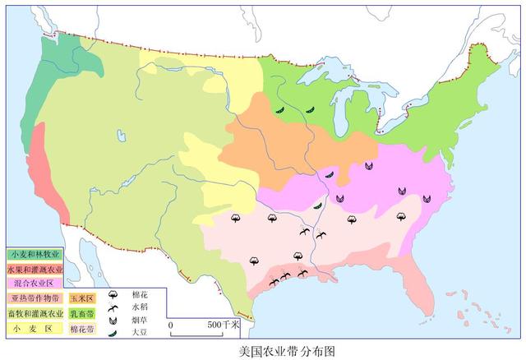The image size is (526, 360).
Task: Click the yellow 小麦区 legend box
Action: [x=35, y=329]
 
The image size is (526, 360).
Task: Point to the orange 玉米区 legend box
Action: [x=82, y=298]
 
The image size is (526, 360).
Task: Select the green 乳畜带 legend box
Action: [x=82, y=313]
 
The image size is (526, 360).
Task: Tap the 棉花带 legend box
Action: [x=82, y=329]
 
